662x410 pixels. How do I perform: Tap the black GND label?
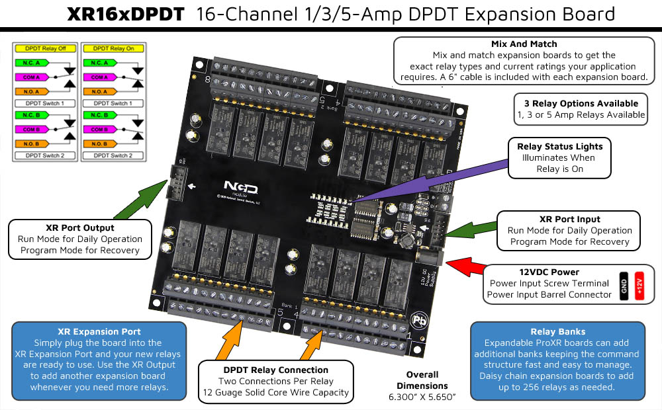click(x=623, y=285)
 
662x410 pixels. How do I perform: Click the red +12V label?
click(x=639, y=285)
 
